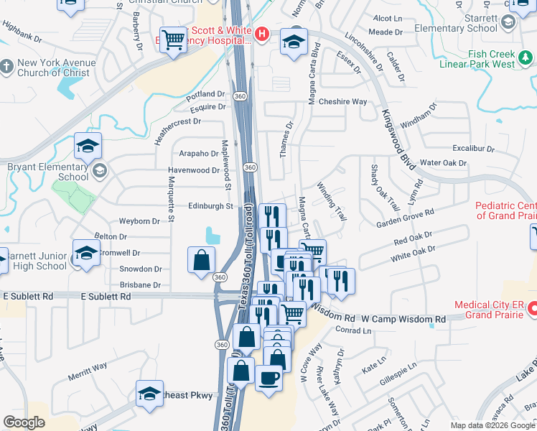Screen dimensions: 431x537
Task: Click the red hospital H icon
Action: tap(262, 33)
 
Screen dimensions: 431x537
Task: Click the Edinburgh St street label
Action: tap(211, 206)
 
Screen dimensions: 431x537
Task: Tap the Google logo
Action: tap(24, 422)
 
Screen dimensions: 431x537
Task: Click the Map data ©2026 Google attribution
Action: tap(492, 425)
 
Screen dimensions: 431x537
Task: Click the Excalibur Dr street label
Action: tap(470, 148)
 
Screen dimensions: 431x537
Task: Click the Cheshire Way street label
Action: tap(343, 102)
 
